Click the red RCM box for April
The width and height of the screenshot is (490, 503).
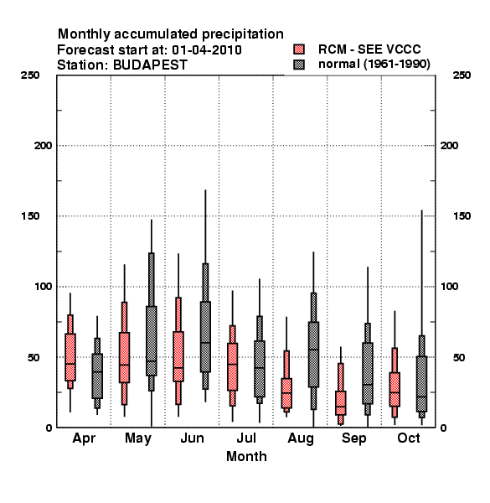pos(70,357)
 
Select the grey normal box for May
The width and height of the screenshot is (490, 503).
pos(152,340)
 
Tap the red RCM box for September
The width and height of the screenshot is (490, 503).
pos(341,403)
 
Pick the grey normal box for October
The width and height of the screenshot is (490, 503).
pos(422,384)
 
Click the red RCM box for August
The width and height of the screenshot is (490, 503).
pos(286,393)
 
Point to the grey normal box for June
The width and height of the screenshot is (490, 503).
pos(205,337)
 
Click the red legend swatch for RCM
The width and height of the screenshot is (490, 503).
pos(299,49)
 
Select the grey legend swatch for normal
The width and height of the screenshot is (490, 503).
pos(299,65)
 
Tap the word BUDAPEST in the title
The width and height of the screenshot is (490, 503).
pos(150,65)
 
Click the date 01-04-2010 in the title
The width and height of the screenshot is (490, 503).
pos(207,50)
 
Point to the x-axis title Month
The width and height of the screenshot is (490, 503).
pos(246,456)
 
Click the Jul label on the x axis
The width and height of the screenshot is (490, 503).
pos(246,438)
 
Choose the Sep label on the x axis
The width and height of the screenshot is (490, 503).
pos(353,438)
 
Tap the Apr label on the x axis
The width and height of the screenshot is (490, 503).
pos(84,438)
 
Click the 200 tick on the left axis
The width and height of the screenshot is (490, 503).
pos(44,146)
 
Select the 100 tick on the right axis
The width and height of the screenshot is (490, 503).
pos(449,287)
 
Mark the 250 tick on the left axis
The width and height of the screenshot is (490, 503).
pos(30,75)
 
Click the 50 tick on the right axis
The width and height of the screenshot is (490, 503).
pos(459,357)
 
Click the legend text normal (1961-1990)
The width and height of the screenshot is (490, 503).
pos(374,65)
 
